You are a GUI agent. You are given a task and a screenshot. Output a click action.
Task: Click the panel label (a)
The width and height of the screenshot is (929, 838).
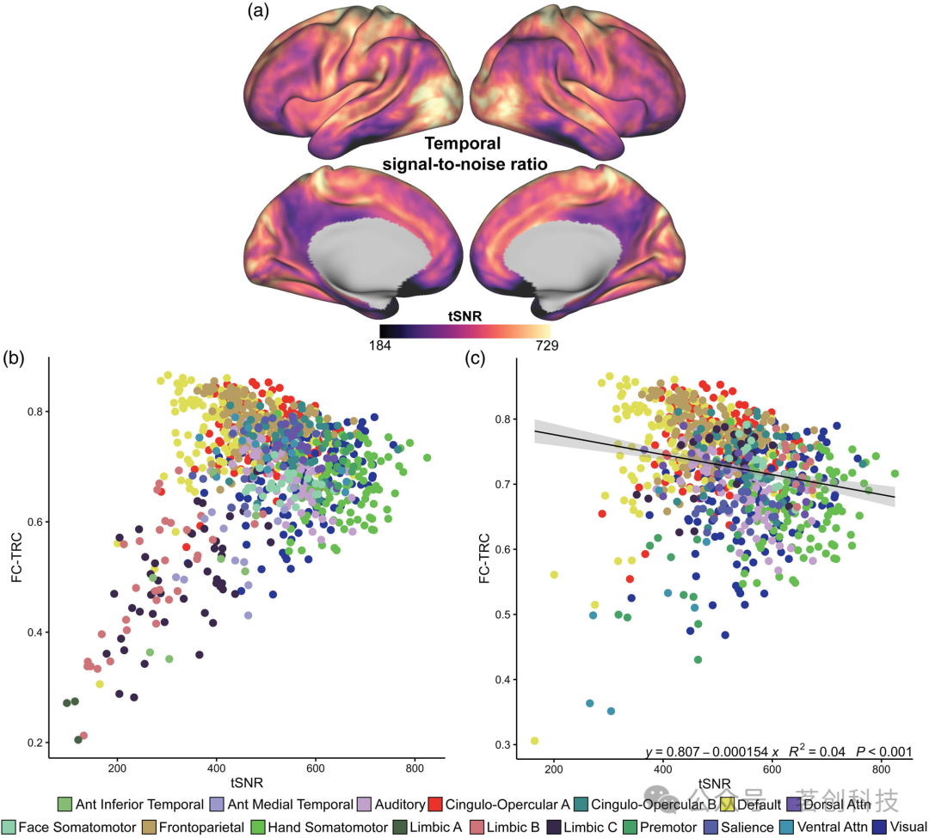[x=261, y=11]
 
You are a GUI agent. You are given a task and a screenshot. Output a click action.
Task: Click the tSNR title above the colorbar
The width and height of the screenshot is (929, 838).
[x=464, y=315]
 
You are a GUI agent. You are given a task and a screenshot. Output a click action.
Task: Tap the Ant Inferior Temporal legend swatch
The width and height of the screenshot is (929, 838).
[x=65, y=804]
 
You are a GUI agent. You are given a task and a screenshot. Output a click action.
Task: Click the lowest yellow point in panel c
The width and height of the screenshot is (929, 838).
[x=534, y=740]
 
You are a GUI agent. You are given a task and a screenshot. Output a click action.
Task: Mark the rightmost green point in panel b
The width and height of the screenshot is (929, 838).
[x=427, y=457]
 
